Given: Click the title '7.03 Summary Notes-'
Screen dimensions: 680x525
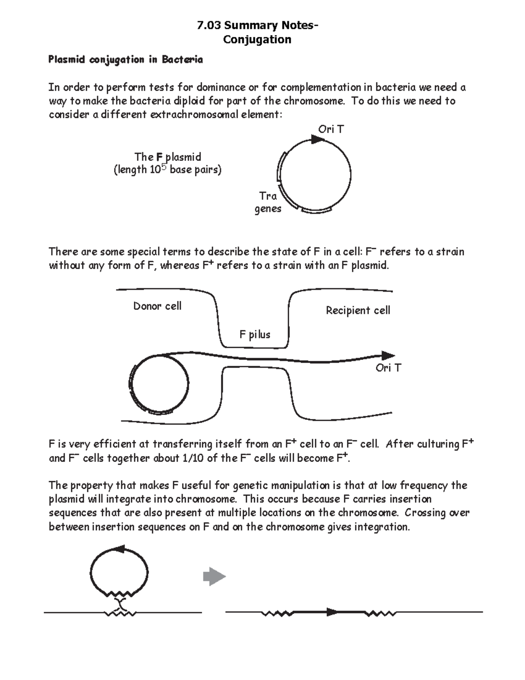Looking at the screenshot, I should tap(257, 25).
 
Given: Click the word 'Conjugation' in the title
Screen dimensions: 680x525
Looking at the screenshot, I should tap(257, 39).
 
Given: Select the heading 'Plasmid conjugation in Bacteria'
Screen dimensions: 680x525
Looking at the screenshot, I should tap(126, 60).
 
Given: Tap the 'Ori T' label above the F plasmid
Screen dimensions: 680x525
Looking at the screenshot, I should tap(331, 129).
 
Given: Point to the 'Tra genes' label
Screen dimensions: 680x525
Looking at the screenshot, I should tap(268, 202).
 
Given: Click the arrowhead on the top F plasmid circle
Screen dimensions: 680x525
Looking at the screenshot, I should tap(317, 139).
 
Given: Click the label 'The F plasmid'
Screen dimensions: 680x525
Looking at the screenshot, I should tap(168, 157).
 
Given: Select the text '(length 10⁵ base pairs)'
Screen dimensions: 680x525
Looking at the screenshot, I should tap(168, 169).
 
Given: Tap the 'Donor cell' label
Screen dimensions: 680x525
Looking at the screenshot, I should tap(157, 306).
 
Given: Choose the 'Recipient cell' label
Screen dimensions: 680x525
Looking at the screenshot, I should tap(358, 310).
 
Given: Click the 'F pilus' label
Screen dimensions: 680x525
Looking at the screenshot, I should tap(255, 335).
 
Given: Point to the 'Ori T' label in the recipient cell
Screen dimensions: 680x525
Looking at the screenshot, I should tap(388, 368).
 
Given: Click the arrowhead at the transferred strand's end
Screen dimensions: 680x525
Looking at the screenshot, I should tap(388, 356).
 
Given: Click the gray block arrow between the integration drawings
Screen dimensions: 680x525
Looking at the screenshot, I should tap(214, 576).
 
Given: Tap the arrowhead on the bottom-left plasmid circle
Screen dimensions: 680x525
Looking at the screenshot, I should tap(119, 550).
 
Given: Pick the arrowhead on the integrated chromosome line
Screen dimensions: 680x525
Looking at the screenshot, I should tap(333, 612).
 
